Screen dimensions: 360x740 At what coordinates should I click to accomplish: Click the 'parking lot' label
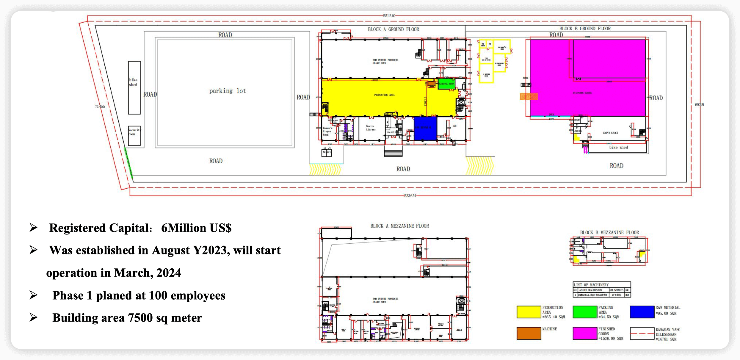tap(228, 91)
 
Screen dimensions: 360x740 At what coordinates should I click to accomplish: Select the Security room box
tap(134, 135)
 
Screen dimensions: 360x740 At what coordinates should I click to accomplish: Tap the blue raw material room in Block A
tap(425, 128)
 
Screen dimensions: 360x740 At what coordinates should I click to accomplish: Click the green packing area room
tap(446, 84)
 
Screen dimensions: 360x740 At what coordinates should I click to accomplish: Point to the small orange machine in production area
tap(431, 84)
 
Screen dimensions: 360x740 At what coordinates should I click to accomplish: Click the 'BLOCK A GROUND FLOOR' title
tap(393, 29)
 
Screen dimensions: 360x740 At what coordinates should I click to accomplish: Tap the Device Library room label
tap(371, 128)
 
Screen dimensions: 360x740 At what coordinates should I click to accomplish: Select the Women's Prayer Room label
tap(327, 131)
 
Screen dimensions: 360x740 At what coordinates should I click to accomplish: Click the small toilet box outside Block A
tap(327, 152)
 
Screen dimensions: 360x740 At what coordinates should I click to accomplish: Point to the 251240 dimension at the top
tap(389, 16)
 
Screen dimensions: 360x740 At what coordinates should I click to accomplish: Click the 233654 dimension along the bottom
tap(410, 196)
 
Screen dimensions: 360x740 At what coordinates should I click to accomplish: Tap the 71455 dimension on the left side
tap(100, 106)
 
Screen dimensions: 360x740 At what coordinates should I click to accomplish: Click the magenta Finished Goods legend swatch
tap(585, 333)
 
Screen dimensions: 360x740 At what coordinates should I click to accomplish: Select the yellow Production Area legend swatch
tap(529, 312)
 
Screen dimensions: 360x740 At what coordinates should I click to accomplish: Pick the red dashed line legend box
tap(642, 334)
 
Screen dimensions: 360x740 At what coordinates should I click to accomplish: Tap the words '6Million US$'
tap(196, 228)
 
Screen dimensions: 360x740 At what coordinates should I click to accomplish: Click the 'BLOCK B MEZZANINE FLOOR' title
tap(609, 232)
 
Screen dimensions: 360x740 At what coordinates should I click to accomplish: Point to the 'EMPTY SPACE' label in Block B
tap(610, 133)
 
